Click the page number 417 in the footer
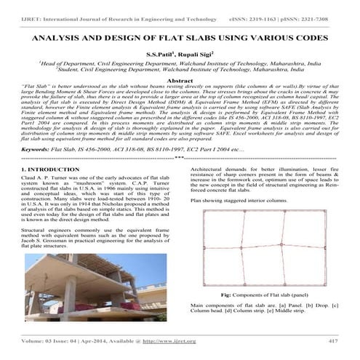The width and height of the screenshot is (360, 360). (x=333, y=340)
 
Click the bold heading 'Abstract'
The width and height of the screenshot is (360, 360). (x=180, y=81)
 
